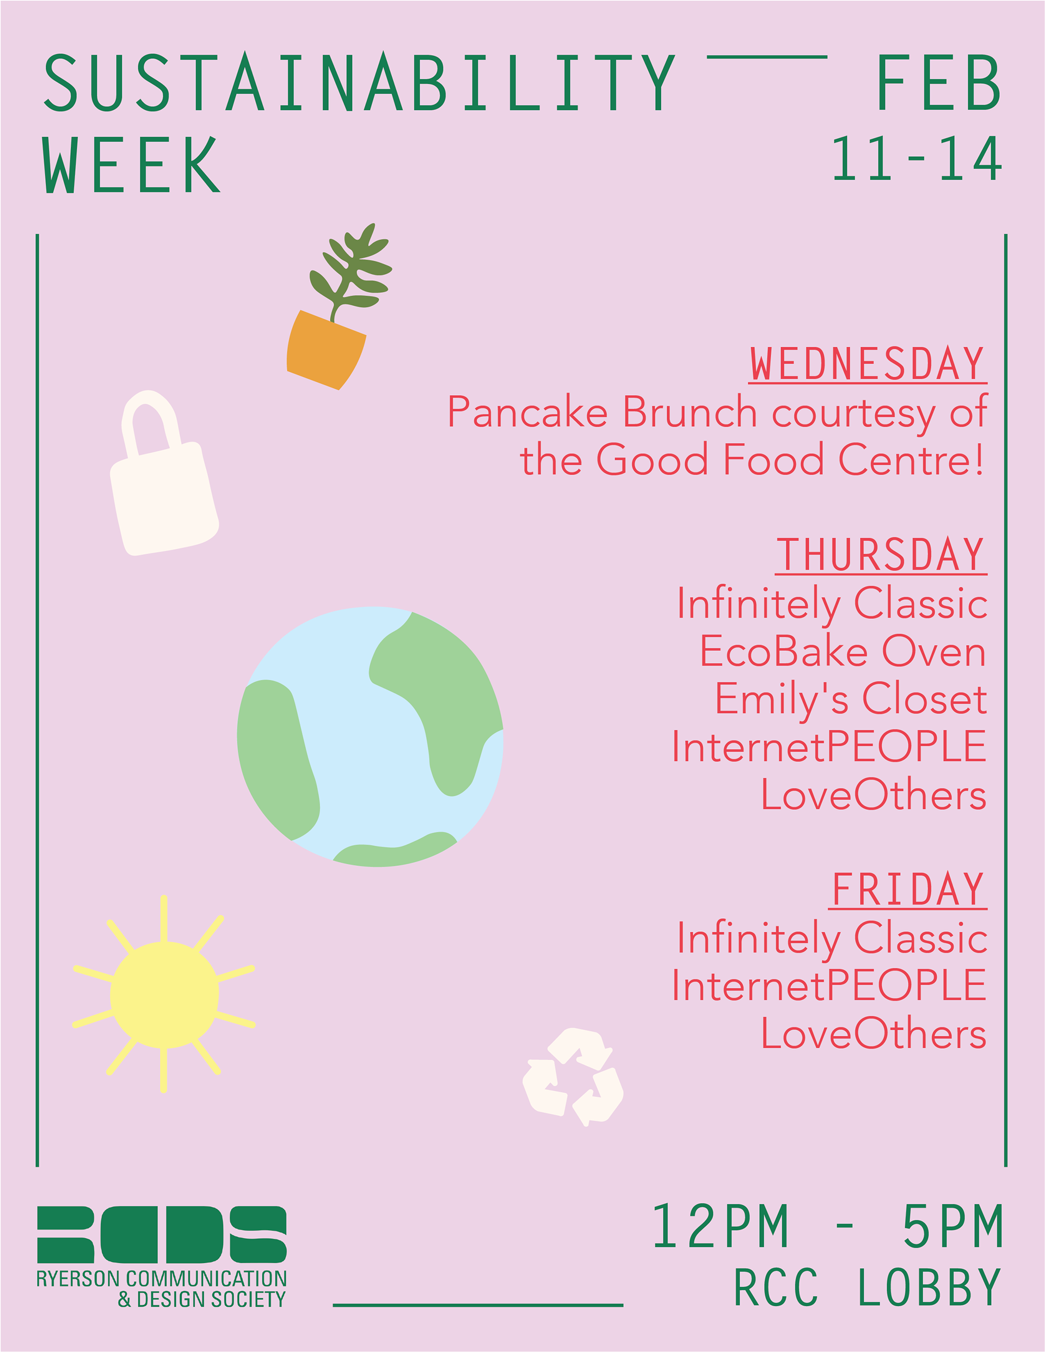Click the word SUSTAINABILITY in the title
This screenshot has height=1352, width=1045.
(360, 82)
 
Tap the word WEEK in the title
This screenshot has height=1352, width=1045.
(131, 165)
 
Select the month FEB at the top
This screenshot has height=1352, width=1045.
(938, 82)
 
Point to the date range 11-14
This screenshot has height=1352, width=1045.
(916, 158)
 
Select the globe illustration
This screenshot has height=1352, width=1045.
(370, 736)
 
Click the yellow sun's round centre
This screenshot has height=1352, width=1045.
(164, 995)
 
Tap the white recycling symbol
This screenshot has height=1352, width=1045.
(573, 1077)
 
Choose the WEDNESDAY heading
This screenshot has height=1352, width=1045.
(868, 364)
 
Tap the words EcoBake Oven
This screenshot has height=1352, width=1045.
(843, 652)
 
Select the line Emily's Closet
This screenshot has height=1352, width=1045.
(851, 700)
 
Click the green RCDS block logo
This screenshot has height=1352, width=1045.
(162, 1234)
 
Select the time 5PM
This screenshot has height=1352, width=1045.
(951, 1227)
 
